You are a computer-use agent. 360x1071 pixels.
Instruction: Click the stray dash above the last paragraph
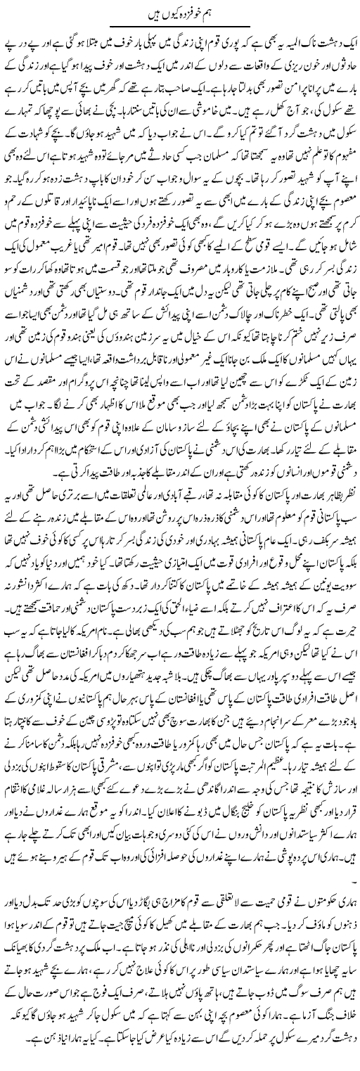pyautogui.click(x=352, y=903)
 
